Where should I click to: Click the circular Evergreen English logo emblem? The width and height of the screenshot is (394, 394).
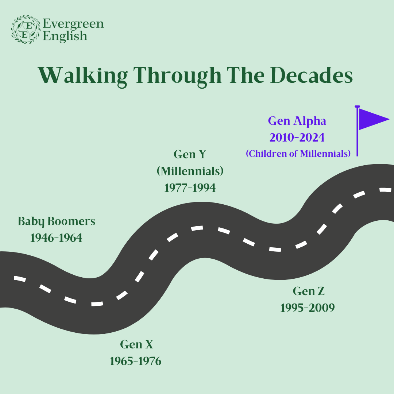26,30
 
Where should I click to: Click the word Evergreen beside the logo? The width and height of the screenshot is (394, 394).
73,24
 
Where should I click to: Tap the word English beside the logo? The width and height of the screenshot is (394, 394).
65,36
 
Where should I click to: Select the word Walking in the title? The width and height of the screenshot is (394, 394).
83,76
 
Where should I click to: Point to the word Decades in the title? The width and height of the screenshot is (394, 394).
312,75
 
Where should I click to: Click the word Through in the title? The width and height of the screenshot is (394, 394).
177,76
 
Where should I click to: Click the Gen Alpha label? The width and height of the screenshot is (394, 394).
297,121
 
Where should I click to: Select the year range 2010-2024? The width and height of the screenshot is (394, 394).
297,138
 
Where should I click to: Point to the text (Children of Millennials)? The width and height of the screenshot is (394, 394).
298,154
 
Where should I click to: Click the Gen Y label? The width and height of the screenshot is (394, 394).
190,154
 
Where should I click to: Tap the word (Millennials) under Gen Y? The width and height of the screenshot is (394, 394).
190,171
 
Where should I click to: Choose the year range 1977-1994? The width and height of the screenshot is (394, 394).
190,188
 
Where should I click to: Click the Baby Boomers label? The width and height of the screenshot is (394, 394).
57,221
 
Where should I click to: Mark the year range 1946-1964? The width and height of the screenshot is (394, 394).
56,238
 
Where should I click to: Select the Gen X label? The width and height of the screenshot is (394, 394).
137,344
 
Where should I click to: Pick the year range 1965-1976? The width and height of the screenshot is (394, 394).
136,361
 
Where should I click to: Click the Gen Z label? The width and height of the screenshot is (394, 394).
309,291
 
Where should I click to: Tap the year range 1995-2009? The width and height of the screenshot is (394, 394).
308,308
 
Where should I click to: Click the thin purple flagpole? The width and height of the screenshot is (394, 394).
357,131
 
